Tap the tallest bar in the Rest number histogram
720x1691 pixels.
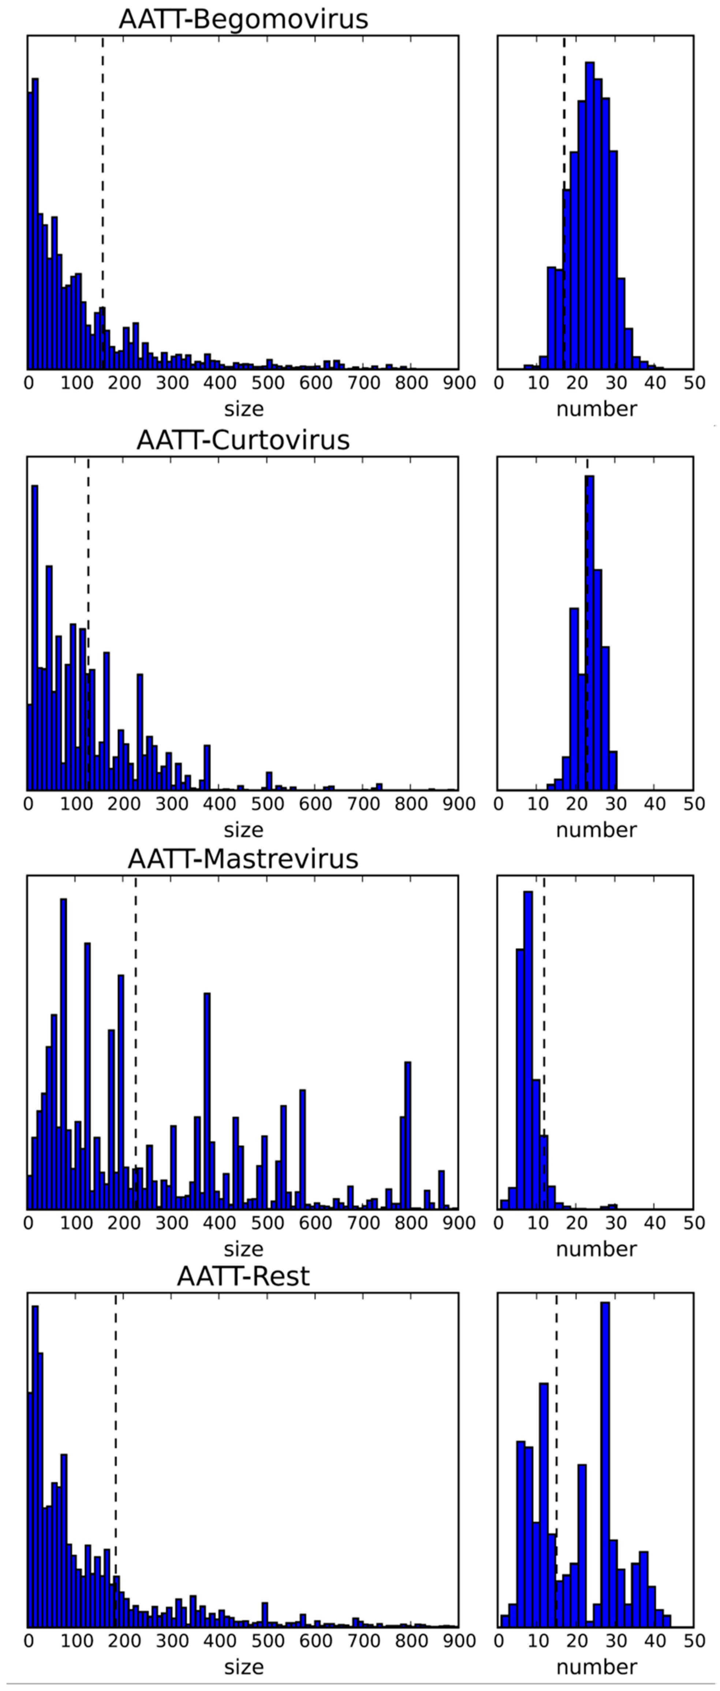605,1464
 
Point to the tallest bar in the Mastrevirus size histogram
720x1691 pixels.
64,1050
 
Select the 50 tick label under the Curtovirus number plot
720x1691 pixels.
694,803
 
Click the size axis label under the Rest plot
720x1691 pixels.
243,1667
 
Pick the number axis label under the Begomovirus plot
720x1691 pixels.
596,409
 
